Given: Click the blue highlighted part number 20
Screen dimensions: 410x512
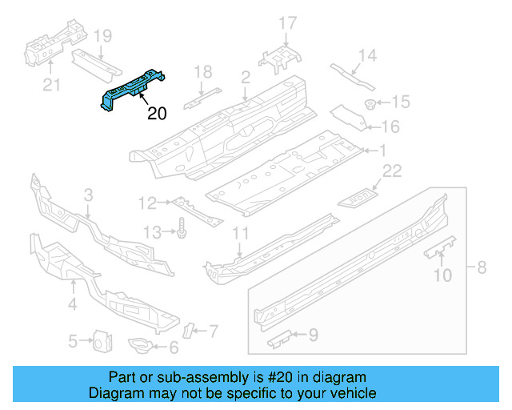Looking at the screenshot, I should [133, 88].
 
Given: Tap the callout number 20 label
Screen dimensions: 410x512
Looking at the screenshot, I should [157, 114].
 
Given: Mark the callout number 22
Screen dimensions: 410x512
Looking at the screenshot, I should [392, 170].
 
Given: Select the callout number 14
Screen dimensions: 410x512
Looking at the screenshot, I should [367, 55].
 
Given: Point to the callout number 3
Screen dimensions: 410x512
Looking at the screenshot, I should [89, 195].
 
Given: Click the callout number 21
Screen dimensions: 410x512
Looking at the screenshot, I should [50, 85].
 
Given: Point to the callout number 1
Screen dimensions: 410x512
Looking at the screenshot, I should [382, 150].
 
